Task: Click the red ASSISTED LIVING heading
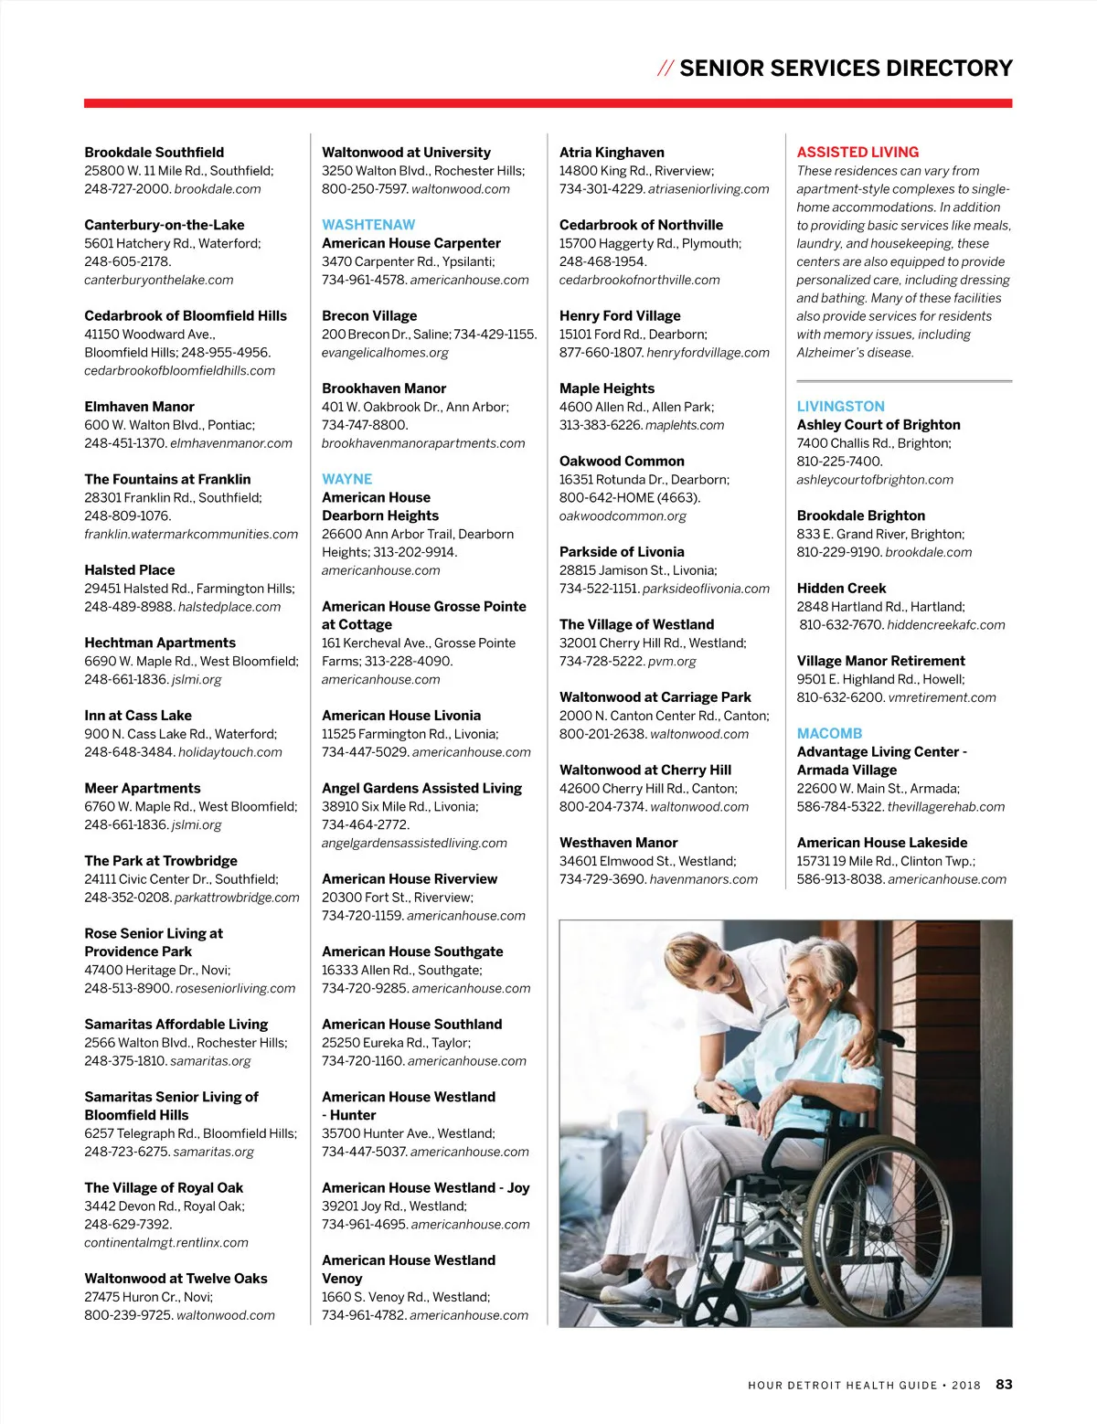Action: tap(857, 152)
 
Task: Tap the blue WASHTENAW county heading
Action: tap(368, 225)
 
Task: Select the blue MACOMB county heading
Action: tap(829, 733)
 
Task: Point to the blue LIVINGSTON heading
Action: tap(840, 406)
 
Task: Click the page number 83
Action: tap(1004, 1384)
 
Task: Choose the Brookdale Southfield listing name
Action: tap(154, 152)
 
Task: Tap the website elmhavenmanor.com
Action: tap(231, 443)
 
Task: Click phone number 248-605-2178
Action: tap(127, 261)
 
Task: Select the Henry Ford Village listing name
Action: tap(620, 315)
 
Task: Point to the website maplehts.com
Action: tap(685, 425)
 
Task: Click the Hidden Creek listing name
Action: tap(841, 588)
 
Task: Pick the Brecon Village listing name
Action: tap(369, 315)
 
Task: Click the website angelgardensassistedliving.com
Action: tap(414, 843)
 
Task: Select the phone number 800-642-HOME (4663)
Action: tap(629, 497)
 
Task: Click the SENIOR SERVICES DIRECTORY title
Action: tap(846, 69)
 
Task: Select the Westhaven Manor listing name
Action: tap(618, 843)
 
